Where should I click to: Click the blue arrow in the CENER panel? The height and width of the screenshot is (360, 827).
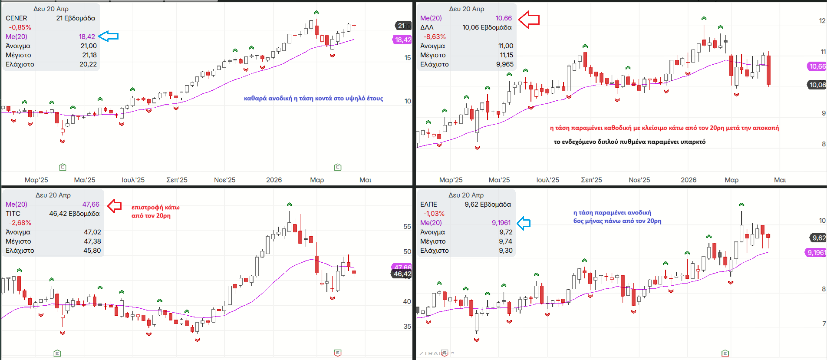tap(109, 36)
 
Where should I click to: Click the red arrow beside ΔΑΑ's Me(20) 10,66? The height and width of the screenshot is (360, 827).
tap(529, 20)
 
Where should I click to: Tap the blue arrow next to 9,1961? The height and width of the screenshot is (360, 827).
tap(524, 223)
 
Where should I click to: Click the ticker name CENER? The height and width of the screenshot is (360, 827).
tap(16, 18)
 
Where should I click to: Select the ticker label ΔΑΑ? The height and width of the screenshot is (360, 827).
tap(427, 27)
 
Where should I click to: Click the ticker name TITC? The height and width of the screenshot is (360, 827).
tap(13, 214)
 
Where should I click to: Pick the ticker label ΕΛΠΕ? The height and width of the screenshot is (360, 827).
tap(428, 205)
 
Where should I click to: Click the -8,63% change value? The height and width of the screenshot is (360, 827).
tap(435, 37)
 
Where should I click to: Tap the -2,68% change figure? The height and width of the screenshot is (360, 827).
tap(20, 223)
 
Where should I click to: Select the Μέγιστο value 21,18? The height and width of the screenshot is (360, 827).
tap(89, 55)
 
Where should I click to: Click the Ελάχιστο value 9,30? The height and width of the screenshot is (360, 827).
tap(506, 251)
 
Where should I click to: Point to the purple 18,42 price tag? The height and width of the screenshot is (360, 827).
tap(402, 40)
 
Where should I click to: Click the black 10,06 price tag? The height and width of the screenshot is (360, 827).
tap(817, 85)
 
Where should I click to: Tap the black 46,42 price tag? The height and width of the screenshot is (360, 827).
tap(402, 274)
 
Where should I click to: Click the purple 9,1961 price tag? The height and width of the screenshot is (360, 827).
tap(816, 253)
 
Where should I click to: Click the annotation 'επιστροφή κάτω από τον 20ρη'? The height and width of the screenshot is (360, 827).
tap(155, 211)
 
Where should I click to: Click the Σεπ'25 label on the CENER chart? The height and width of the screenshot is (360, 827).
tap(177, 180)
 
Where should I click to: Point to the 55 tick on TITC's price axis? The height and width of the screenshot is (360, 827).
tap(407, 227)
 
